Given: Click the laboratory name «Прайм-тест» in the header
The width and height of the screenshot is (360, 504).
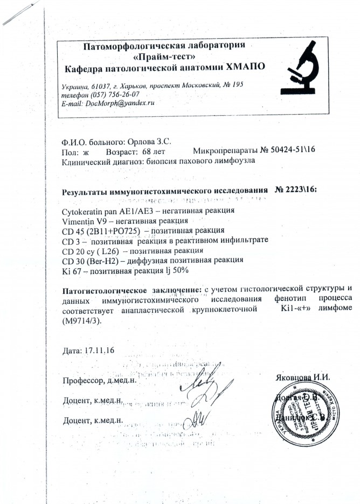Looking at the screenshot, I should pyautogui.click(x=168, y=56).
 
